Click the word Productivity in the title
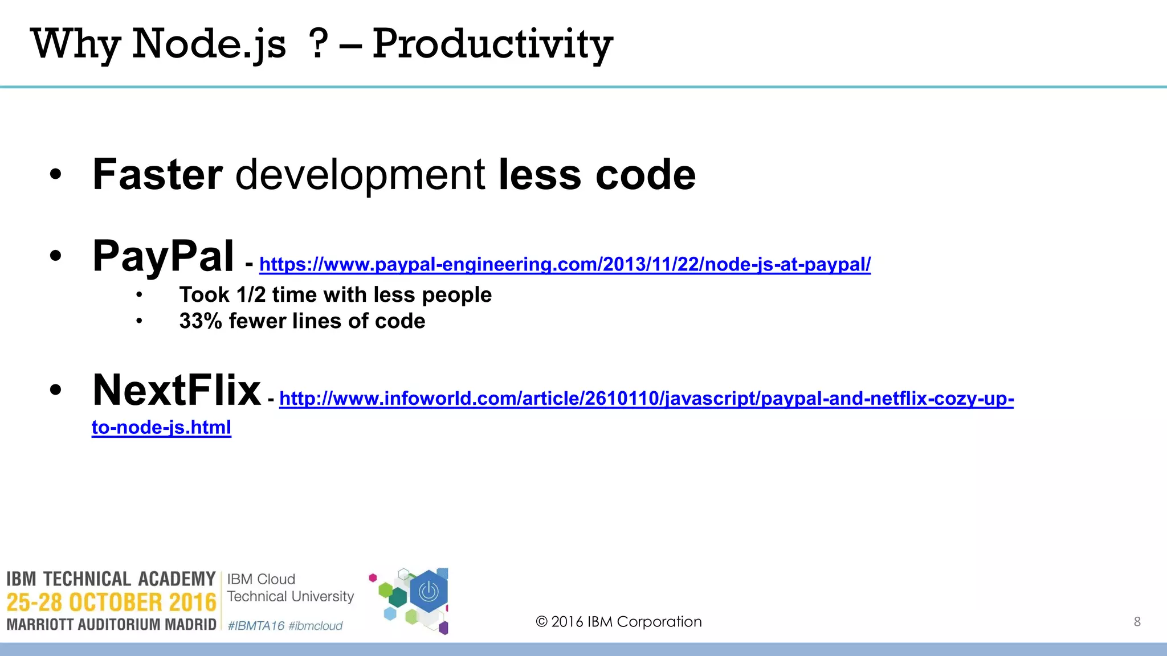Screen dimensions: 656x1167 pyautogui.click(x=492, y=44)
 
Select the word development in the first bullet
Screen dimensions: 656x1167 pyautogui.click(x=360, y=175)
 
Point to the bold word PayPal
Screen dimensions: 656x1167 pyautogui.click(x=163, y=256)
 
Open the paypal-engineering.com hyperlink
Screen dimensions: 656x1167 pyautogui.click(x=564, y=264)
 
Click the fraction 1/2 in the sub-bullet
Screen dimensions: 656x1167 pyautogui.click(x=251, y=295)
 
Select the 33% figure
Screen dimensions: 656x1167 pyautogui.click(x=201, y=321)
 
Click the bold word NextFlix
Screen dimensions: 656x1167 pyautogui.click(x=177, y=391)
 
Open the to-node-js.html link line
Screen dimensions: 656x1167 pyautogui.click(x=161, y=427)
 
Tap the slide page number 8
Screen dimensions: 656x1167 pyautogui.click(x=1137, y=622)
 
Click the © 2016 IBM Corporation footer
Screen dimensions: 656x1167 pyautogui.click(x=619, y=622)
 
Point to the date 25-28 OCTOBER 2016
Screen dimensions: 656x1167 pyautogui.click(x=111, y=602)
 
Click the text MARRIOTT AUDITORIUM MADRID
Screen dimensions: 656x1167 pyautogui.click(x=111, y=625)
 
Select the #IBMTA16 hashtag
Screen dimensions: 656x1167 pyautogui.click(x=256, y=626)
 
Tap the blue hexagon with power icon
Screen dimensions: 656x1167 pyautogui.click(x=429, y=592)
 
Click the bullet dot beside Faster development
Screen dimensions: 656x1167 pyautogui.click(x=55, y=175)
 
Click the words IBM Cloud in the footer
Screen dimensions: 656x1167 pyautogui.click(x=261, y=579)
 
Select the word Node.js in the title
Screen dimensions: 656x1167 pyautogui.click(x=209, y=44)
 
